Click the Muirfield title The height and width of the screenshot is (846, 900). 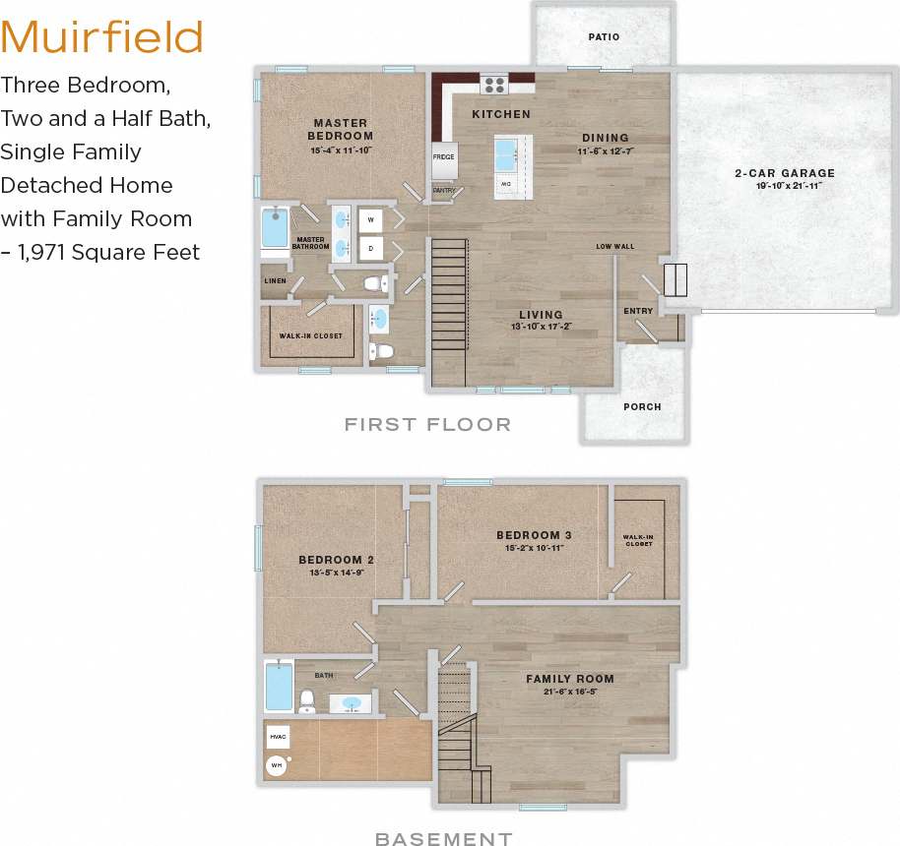102,37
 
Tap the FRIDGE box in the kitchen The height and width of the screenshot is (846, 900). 443,157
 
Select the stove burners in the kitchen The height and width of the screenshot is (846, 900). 493,84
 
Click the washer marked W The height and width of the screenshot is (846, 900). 371,219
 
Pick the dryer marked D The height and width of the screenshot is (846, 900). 371,249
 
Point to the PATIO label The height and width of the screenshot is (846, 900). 604,37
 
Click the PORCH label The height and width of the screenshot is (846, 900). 642,406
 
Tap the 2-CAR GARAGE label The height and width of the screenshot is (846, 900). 785,174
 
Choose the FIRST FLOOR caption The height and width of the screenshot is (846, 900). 427,425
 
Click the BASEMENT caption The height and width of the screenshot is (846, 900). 443,839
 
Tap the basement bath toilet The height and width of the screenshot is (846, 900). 306,699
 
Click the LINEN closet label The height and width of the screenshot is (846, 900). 275,281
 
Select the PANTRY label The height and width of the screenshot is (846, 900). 444,191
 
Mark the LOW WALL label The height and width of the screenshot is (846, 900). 614,246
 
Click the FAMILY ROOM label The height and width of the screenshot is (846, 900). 569,679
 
